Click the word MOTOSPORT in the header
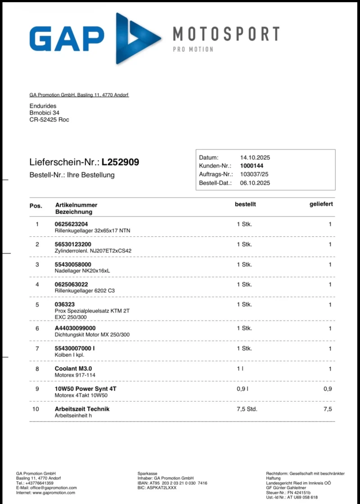click(226, 34)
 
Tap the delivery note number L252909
click(120, 162)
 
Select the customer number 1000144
click(252, 166)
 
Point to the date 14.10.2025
click(255, 158)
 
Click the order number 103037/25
click(255, 174)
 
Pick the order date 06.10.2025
click(255, 183)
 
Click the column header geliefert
click(321, 204)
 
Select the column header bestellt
click(245, 204)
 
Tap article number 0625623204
click(71, 224)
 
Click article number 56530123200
click(73, 244)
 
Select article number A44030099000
click(75, 328)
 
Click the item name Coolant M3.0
click(73, 368)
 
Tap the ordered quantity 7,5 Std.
click(247, 409)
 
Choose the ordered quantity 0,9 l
click(243, 389)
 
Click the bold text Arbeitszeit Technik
click(82, 409)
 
